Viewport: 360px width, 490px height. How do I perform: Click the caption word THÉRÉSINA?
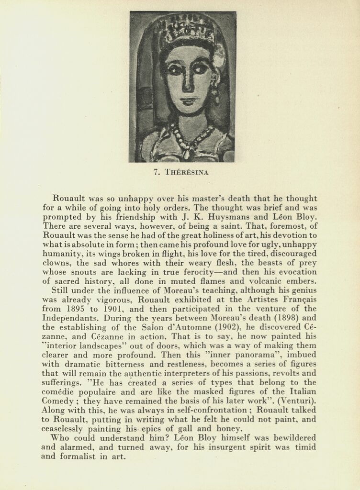pos(186,173)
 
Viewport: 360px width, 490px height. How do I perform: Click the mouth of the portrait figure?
pos(188,102)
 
